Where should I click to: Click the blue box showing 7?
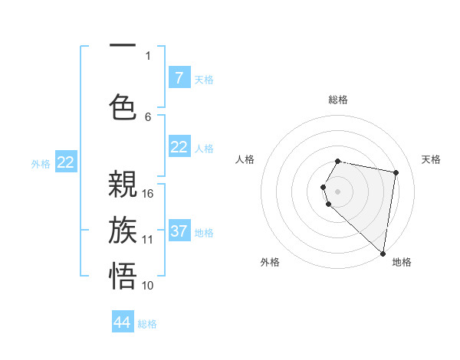pos(179,78)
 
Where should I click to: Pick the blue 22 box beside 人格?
pos(179,147)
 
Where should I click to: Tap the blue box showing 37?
pos(179,231)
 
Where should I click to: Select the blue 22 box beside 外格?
pos(66,162)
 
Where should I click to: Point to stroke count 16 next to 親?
pos(148,194)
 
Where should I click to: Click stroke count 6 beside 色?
pos(148,116)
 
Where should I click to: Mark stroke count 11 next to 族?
pos(148,239)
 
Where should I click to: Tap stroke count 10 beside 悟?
pos(148,285)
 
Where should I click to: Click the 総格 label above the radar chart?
pos(338,100)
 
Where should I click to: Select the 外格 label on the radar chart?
pos(269,262)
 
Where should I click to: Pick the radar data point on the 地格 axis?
pos(383,254)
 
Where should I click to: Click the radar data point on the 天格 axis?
pos(396,173)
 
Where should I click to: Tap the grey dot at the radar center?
pos(338,191)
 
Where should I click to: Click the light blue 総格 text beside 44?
pos(147,324)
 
